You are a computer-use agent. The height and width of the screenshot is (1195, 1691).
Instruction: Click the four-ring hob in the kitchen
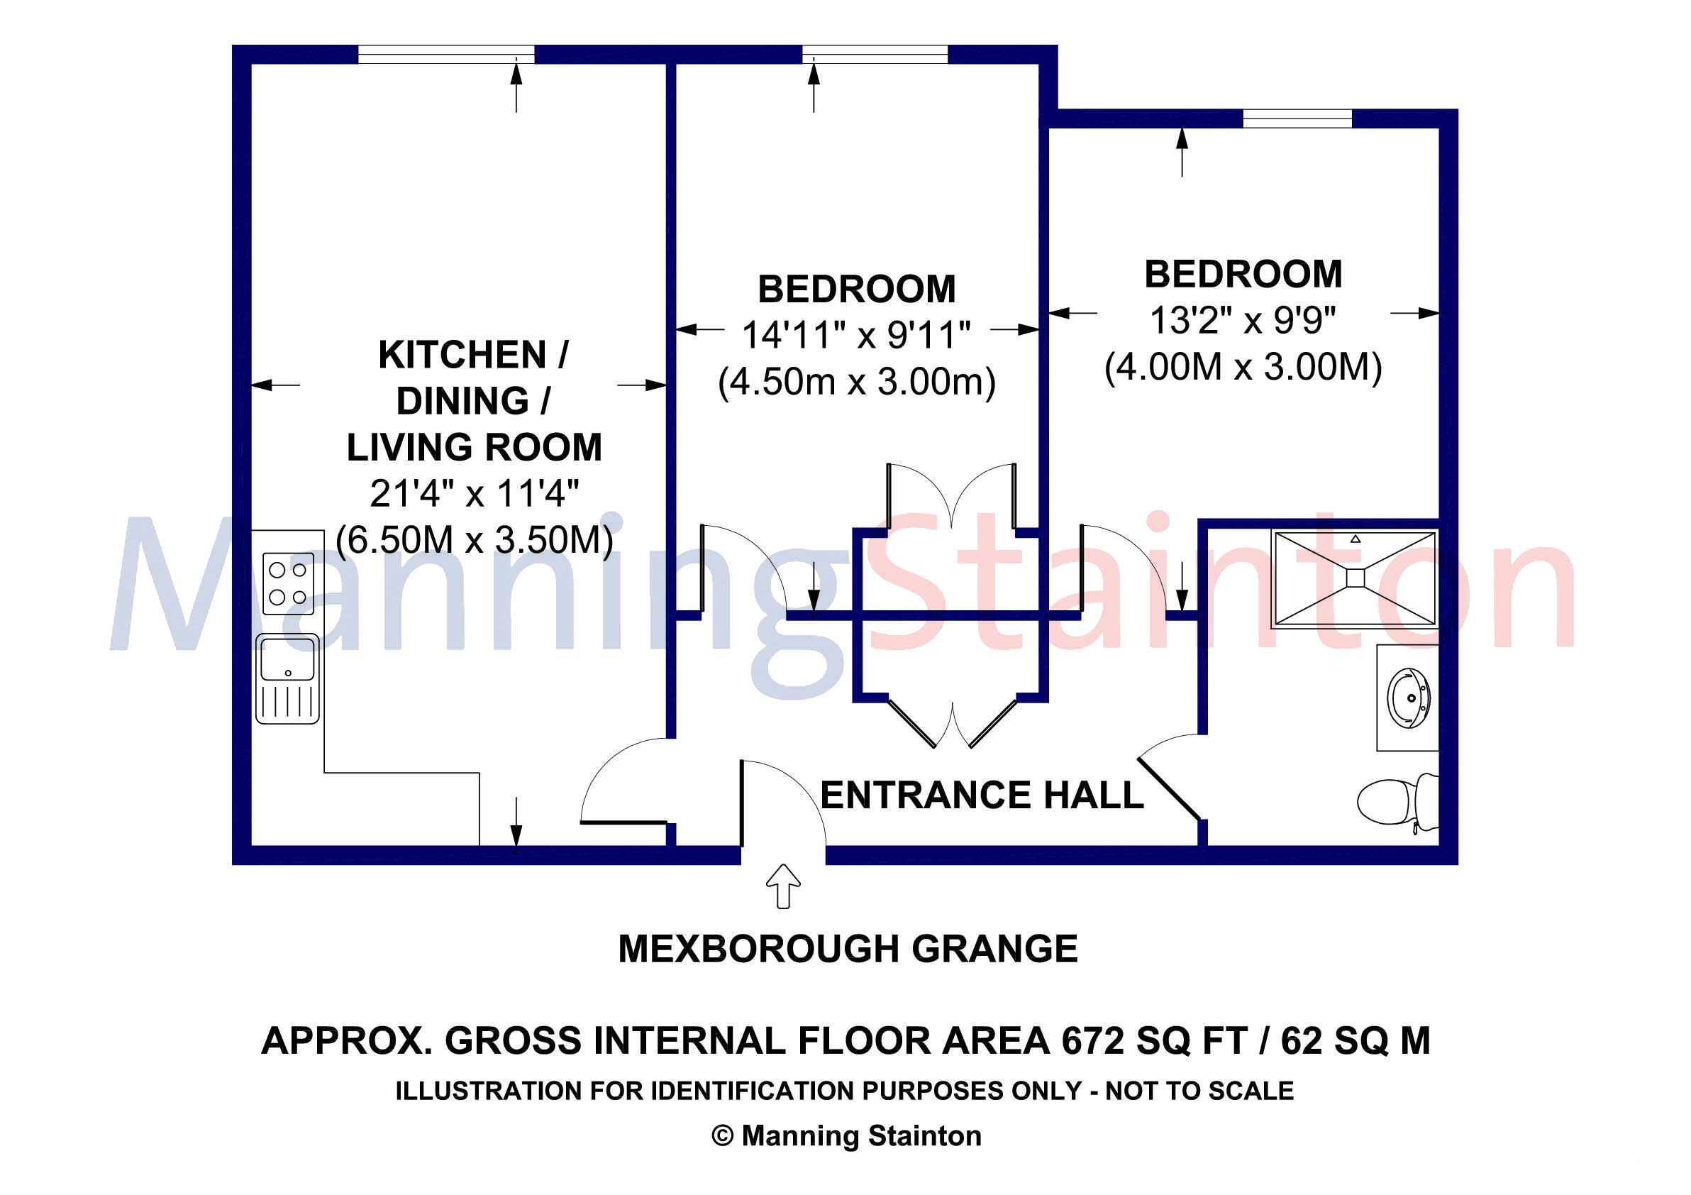pyautogui.click(x=288, y=583)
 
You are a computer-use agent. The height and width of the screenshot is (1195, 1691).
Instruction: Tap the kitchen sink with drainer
pyautogui.click(x=288, y=678)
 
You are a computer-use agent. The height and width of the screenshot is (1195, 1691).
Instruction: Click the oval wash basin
pyautogui.click(x=1409, y=697)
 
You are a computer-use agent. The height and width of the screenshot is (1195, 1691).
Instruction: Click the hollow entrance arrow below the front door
pyautogui.click(x=783, y=886)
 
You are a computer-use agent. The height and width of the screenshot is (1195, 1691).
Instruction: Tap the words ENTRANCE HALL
pyautogui.click(x=981, y=795)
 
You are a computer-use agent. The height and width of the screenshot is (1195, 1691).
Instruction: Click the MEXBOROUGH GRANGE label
pyautogui.click(x=848, y=949)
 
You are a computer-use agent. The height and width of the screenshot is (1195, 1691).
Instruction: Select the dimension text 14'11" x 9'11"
pyautogui.click(x=856, y=335)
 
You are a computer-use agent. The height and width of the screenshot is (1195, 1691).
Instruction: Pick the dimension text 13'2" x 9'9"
pyautogui.click(x=1243, y=320)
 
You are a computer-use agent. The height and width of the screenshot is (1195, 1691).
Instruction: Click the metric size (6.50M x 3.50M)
pyautogui.click(x=475, y=540)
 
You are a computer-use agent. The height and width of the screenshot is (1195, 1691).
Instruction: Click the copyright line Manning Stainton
pyautogui.click(x=847, y=1136)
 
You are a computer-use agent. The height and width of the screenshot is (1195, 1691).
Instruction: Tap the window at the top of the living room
pyautogui.click(x=445, y=54)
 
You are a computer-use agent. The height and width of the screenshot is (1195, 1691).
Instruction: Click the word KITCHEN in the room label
pyautogui.click(x=462, y=355)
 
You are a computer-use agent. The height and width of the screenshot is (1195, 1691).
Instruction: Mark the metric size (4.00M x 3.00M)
pyautogui.click(x=1243, y=367)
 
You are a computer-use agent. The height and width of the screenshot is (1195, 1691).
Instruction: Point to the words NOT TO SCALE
pyautogui.click(x=1199, y=1091)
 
